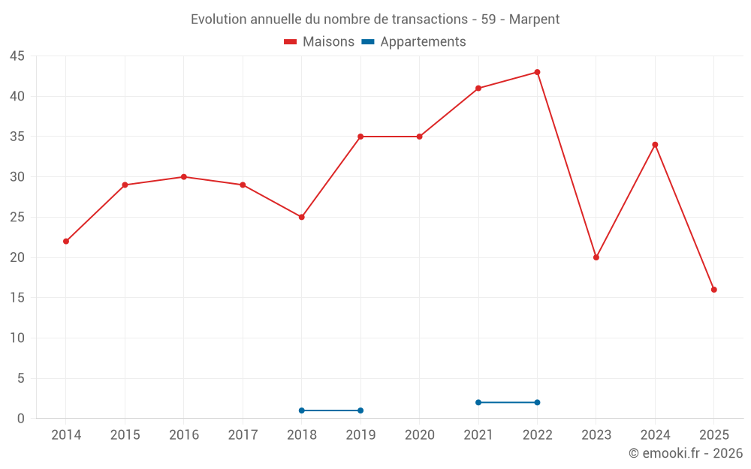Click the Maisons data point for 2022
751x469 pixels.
pos(537,72)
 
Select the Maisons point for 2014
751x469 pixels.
pos(66,241)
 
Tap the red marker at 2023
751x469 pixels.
pos(596,257)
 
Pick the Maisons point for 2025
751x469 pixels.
pos(713,290)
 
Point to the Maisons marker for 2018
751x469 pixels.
pos(301,217)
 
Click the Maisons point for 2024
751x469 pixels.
pos(655,145)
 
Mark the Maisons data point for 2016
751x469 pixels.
pos(183,177)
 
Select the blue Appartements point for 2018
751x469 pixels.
pos(301,410)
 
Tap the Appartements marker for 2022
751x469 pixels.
pos(537,402)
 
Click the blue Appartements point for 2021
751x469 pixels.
pos(478,402)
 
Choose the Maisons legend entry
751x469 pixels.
pos(319,42)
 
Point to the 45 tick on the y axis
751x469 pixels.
pos(17,56)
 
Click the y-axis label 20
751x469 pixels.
pos(17,257)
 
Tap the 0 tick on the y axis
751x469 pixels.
pos(21,419)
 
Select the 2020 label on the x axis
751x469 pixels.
pos(419,434)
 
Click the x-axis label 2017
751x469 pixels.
pos(243,434)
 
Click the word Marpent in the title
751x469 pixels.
pos(534,20)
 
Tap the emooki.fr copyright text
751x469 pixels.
pos(685,453)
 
